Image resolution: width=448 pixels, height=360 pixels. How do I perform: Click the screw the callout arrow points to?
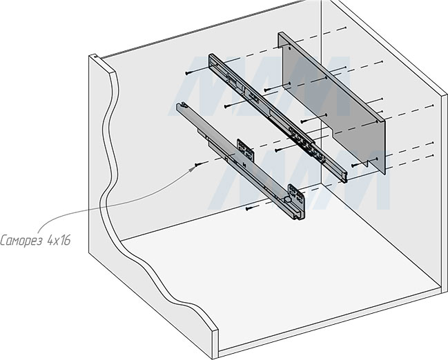tap(198, 164)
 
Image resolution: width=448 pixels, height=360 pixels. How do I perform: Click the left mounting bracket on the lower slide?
tap(244, 150)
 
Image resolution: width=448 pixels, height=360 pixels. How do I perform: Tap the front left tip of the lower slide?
tap(182, 107)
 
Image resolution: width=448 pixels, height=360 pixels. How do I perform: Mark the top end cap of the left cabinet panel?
tap(101, 61)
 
